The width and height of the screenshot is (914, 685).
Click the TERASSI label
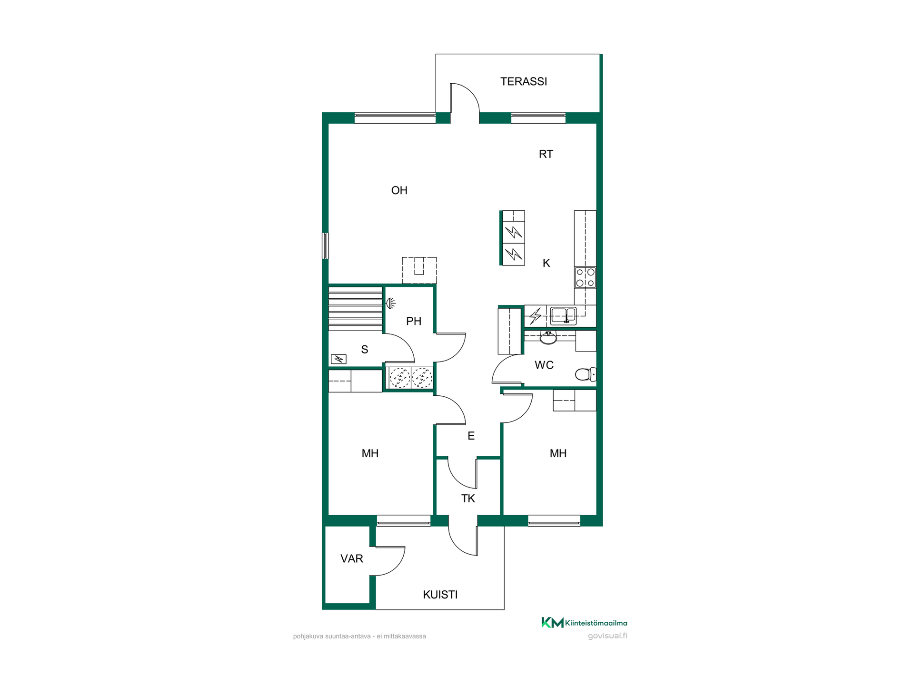point(524,81)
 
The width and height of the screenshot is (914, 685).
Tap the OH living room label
point(399,190)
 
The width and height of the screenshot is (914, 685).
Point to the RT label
point(546,154)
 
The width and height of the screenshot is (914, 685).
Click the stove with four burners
point(585,278)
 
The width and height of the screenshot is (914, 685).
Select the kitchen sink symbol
point(564,315)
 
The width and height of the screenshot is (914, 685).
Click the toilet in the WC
point(586,374)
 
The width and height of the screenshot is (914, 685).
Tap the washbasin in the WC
point(548,338)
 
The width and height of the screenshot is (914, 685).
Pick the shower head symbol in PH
point(390,303)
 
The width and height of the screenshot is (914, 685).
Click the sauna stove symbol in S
point(338,359)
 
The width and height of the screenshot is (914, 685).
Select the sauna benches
point(355,308)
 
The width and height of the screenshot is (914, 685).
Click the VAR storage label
point(352,558)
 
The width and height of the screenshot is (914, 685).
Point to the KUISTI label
point(440,595)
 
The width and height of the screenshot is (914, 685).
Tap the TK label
point(468,499)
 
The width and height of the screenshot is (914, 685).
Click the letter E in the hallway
point(471,436)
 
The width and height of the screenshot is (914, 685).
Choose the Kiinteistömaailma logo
point(584,623)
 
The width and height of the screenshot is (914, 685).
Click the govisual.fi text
point(607,636)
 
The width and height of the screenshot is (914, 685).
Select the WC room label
point(544,365)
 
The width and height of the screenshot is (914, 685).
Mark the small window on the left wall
point(325,245)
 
